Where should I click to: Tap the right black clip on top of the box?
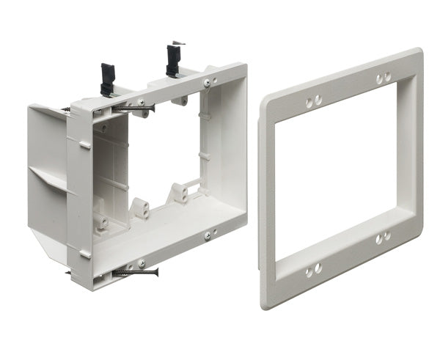click(x=173, y=59)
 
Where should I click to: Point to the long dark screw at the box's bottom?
click(x=135, y=273)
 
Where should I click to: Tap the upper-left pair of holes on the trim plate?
click(x=312, y=103)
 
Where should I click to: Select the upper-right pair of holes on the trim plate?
click(x=383, y=77)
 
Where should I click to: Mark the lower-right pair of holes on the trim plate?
click(x=383, y=238)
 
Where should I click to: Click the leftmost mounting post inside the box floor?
click(x=101, y=219)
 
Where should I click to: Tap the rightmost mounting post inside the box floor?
click(x=178, y=194)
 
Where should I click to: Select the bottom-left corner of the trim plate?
click(x=265, y=301)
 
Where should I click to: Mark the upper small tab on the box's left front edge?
click(x=85, y=146)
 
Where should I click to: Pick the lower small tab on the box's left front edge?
click(x=86, y=254)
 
